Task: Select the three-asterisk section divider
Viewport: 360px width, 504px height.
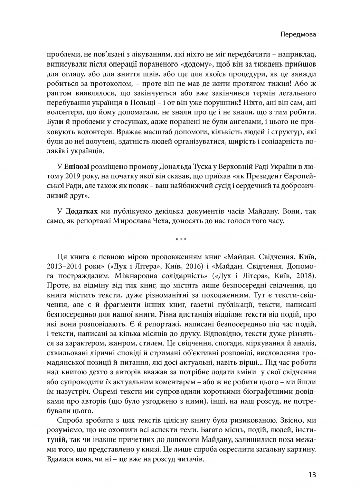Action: [180, 238]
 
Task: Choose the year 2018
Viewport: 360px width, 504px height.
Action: [304, 277]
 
